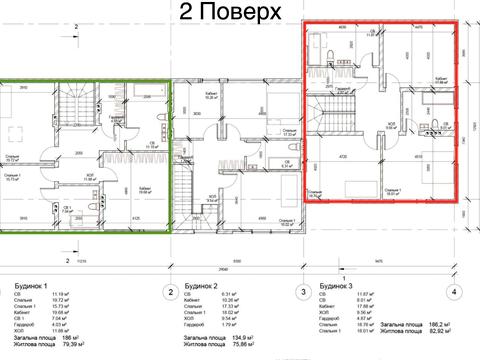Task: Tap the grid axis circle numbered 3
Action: point(302,292)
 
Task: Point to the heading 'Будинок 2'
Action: point(204,284)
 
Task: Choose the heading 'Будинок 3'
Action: point(337,284)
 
